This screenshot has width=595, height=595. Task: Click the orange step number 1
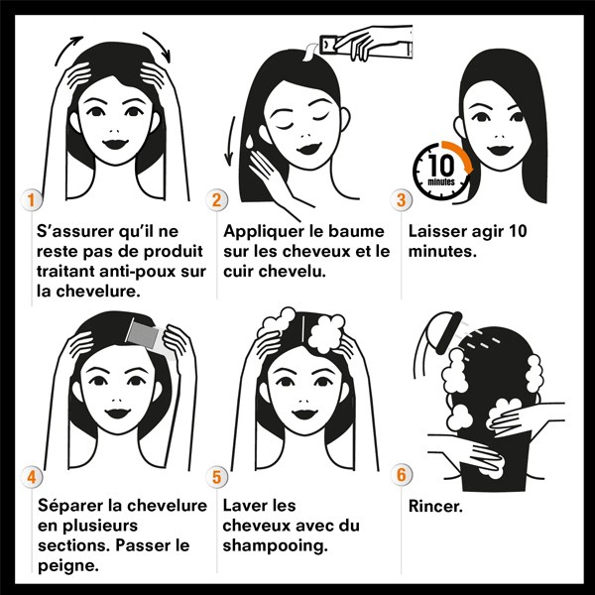[x=30, y=199]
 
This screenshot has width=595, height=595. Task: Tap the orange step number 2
[x=217, y=199]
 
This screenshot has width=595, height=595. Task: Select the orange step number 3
[x=402, y=199]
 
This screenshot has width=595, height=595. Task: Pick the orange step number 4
[x=30, y=477]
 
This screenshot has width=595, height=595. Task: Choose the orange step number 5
[x=217, y=477]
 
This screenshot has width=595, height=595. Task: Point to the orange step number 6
[x=402, y=475]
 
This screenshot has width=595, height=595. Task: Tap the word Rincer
[x=437, y=506]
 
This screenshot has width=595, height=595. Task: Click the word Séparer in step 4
[x=69, y=506]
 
